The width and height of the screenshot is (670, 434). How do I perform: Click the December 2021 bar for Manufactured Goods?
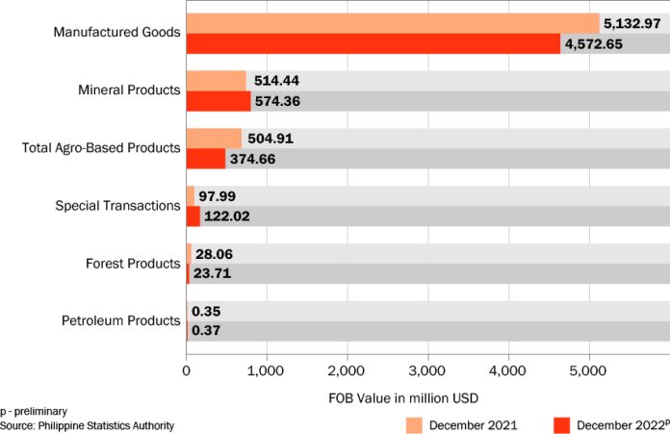pos(392,23)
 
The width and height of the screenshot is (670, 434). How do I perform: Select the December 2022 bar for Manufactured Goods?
pos(373,43)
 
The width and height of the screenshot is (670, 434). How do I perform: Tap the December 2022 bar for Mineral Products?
pos(219,101)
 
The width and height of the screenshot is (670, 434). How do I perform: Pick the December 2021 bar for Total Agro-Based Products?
pos(214,139)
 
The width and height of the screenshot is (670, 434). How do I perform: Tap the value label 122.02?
pos(227,217)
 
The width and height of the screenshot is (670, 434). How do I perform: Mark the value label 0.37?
pos(206,331)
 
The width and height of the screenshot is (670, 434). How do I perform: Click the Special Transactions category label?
pos(118,206)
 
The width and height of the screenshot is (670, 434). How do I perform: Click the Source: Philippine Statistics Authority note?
pos(88,425)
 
